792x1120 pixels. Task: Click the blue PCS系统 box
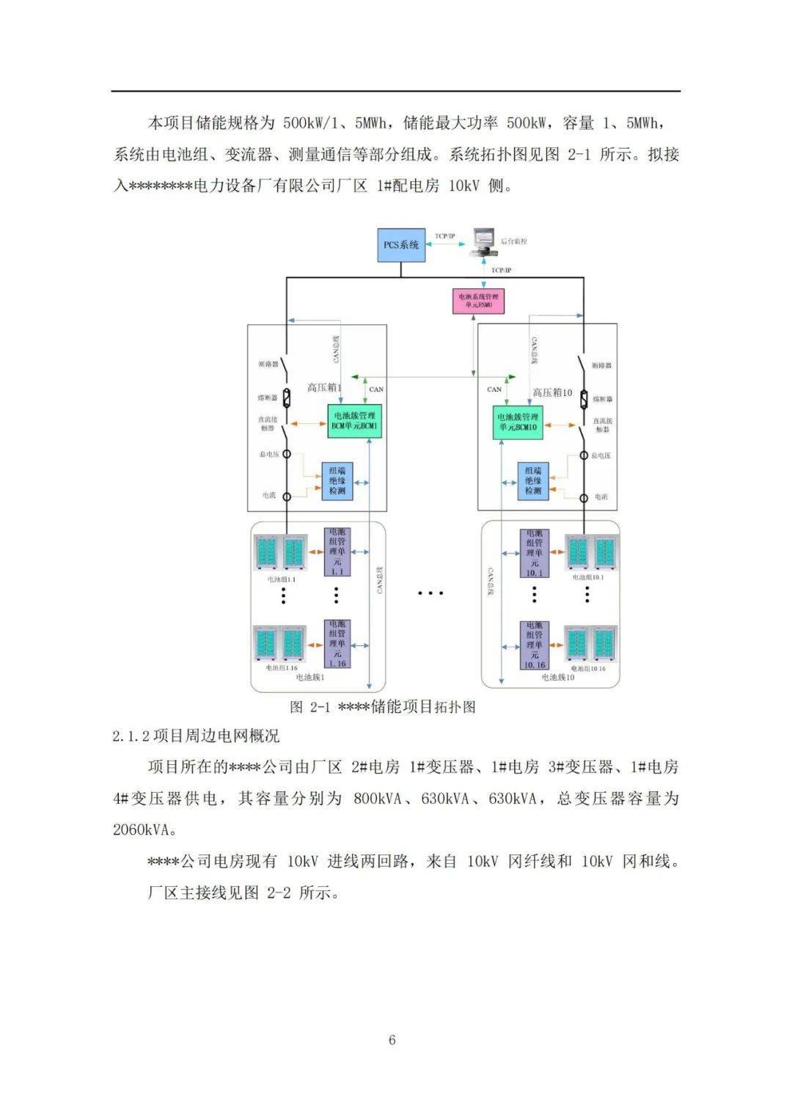[401, 245]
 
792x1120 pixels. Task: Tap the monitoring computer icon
[483, 240]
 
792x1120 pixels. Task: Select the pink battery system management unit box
[477, 301]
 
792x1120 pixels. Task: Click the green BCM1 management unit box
[355, 421]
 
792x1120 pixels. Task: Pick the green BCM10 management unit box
[518, 422]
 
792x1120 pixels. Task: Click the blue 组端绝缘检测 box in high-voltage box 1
[337, 481]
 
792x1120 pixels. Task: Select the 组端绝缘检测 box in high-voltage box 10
[533, 481]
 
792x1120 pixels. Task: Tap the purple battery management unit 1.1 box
[337, 552]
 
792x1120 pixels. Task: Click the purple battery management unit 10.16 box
[534, 645]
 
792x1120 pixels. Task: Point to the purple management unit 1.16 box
[337, 644]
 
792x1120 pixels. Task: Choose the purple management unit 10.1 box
[534, 552]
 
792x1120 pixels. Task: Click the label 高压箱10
[552, 392]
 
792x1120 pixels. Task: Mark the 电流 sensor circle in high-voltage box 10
[584, 498]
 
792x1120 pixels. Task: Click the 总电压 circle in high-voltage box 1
[287, 455]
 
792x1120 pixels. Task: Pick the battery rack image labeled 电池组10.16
[590, 645]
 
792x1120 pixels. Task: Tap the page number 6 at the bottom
[392, 1040]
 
